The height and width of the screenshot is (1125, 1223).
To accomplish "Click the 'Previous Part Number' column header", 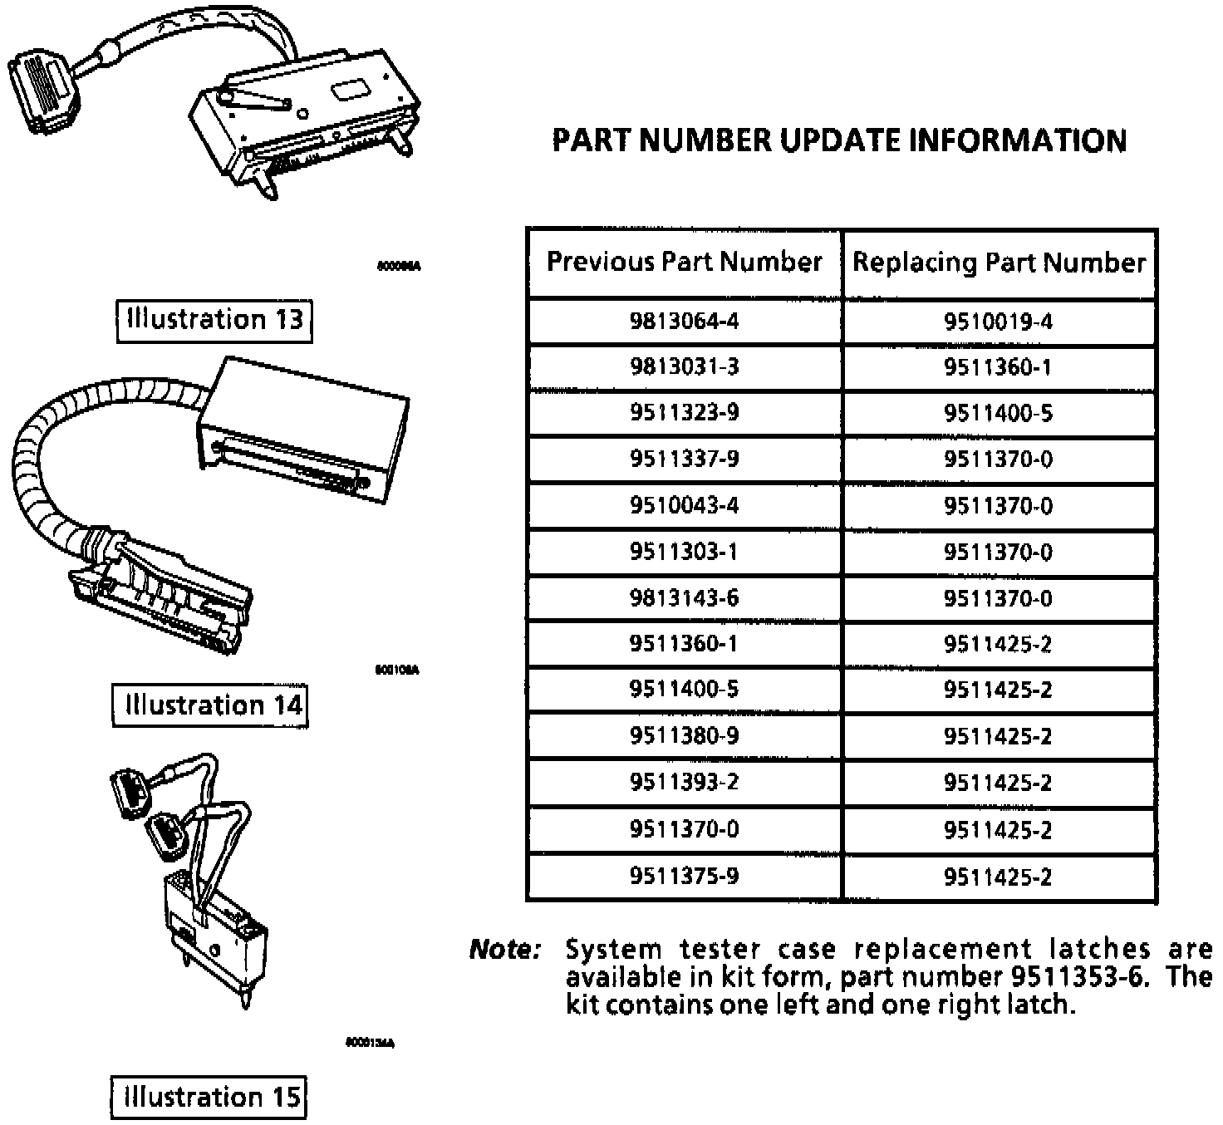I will (x=684, y=263).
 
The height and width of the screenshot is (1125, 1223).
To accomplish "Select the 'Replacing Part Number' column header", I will (x=999, y=263).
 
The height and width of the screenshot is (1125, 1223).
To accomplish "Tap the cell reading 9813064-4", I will (x=684, y=321).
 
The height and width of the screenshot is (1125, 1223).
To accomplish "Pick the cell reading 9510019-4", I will (x=998, y=321).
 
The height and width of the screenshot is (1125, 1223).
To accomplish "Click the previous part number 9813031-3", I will (x=684, y=367).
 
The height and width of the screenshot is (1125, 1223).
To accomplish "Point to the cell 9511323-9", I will (x=684, y=413).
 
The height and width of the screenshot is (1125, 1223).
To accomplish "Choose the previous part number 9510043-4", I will (x=684, y=505).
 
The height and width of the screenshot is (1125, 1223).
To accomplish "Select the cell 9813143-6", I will (x=684, y=598).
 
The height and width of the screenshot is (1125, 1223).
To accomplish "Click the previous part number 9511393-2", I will (x=684, y=783).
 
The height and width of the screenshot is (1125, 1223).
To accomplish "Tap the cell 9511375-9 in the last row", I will (x=684, y=877).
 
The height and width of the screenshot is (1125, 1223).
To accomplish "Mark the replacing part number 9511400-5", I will (x=998, y=413).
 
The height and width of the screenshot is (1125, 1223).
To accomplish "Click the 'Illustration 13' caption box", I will (x=214, y=320).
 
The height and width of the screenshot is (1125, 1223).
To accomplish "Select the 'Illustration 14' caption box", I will (x=210, y=705).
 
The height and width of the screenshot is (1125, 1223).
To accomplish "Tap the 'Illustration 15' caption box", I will (x=209, y=1098).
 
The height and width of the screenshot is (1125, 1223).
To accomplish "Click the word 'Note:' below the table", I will (x=505, y=950).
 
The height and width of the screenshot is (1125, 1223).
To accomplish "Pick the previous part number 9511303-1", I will (x=684, y=552).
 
